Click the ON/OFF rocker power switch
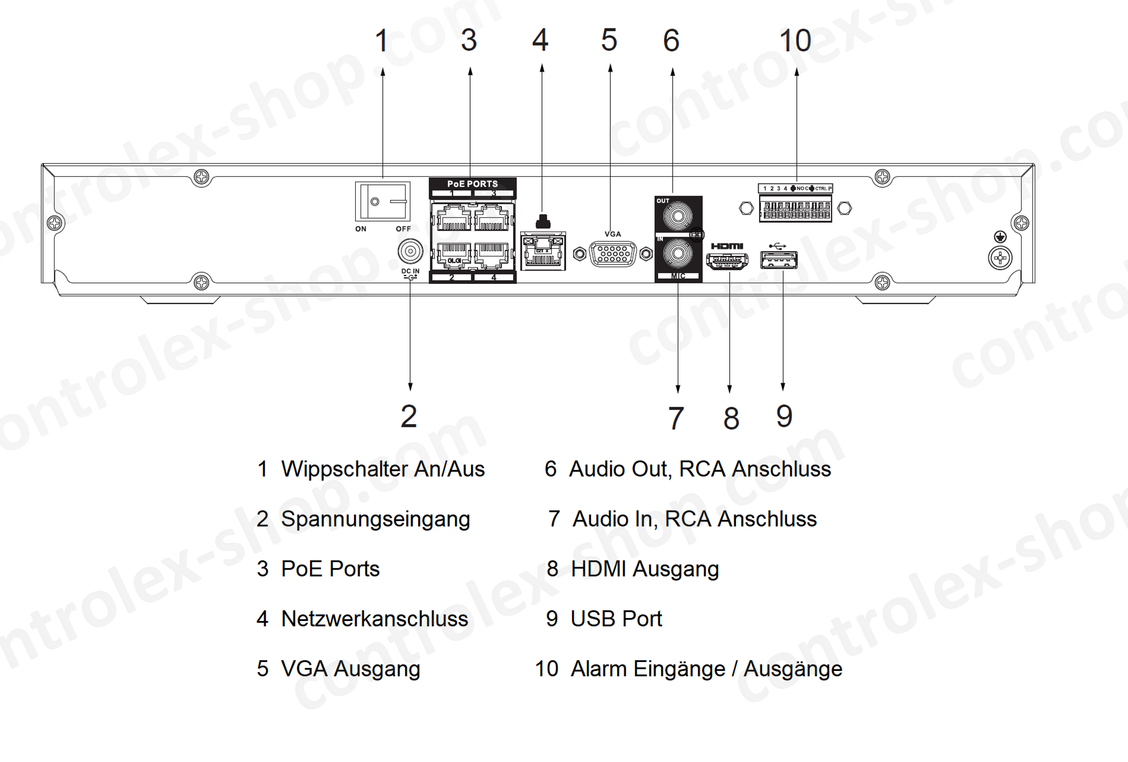coord(383,201)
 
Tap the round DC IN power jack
coord(410,251)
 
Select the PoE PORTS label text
coord(472,183)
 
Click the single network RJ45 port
coord(543,252)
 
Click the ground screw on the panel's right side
coord(1000,257)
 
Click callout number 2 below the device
coord(409,416)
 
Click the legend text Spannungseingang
coord(375,519)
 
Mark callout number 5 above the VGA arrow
coord(609,40)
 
